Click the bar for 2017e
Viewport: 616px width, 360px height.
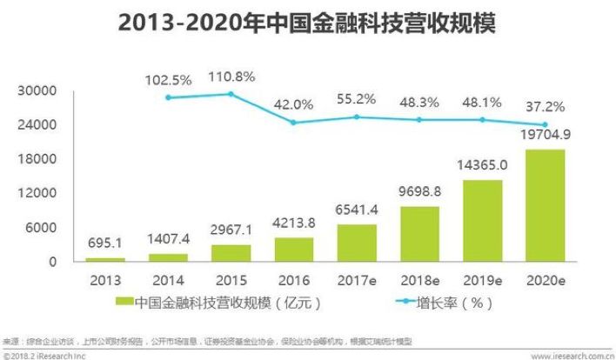[x=357, y=243]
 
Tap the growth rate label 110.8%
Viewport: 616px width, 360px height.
[x=231, y=77]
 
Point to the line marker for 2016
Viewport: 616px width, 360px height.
[x=293, y=123]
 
